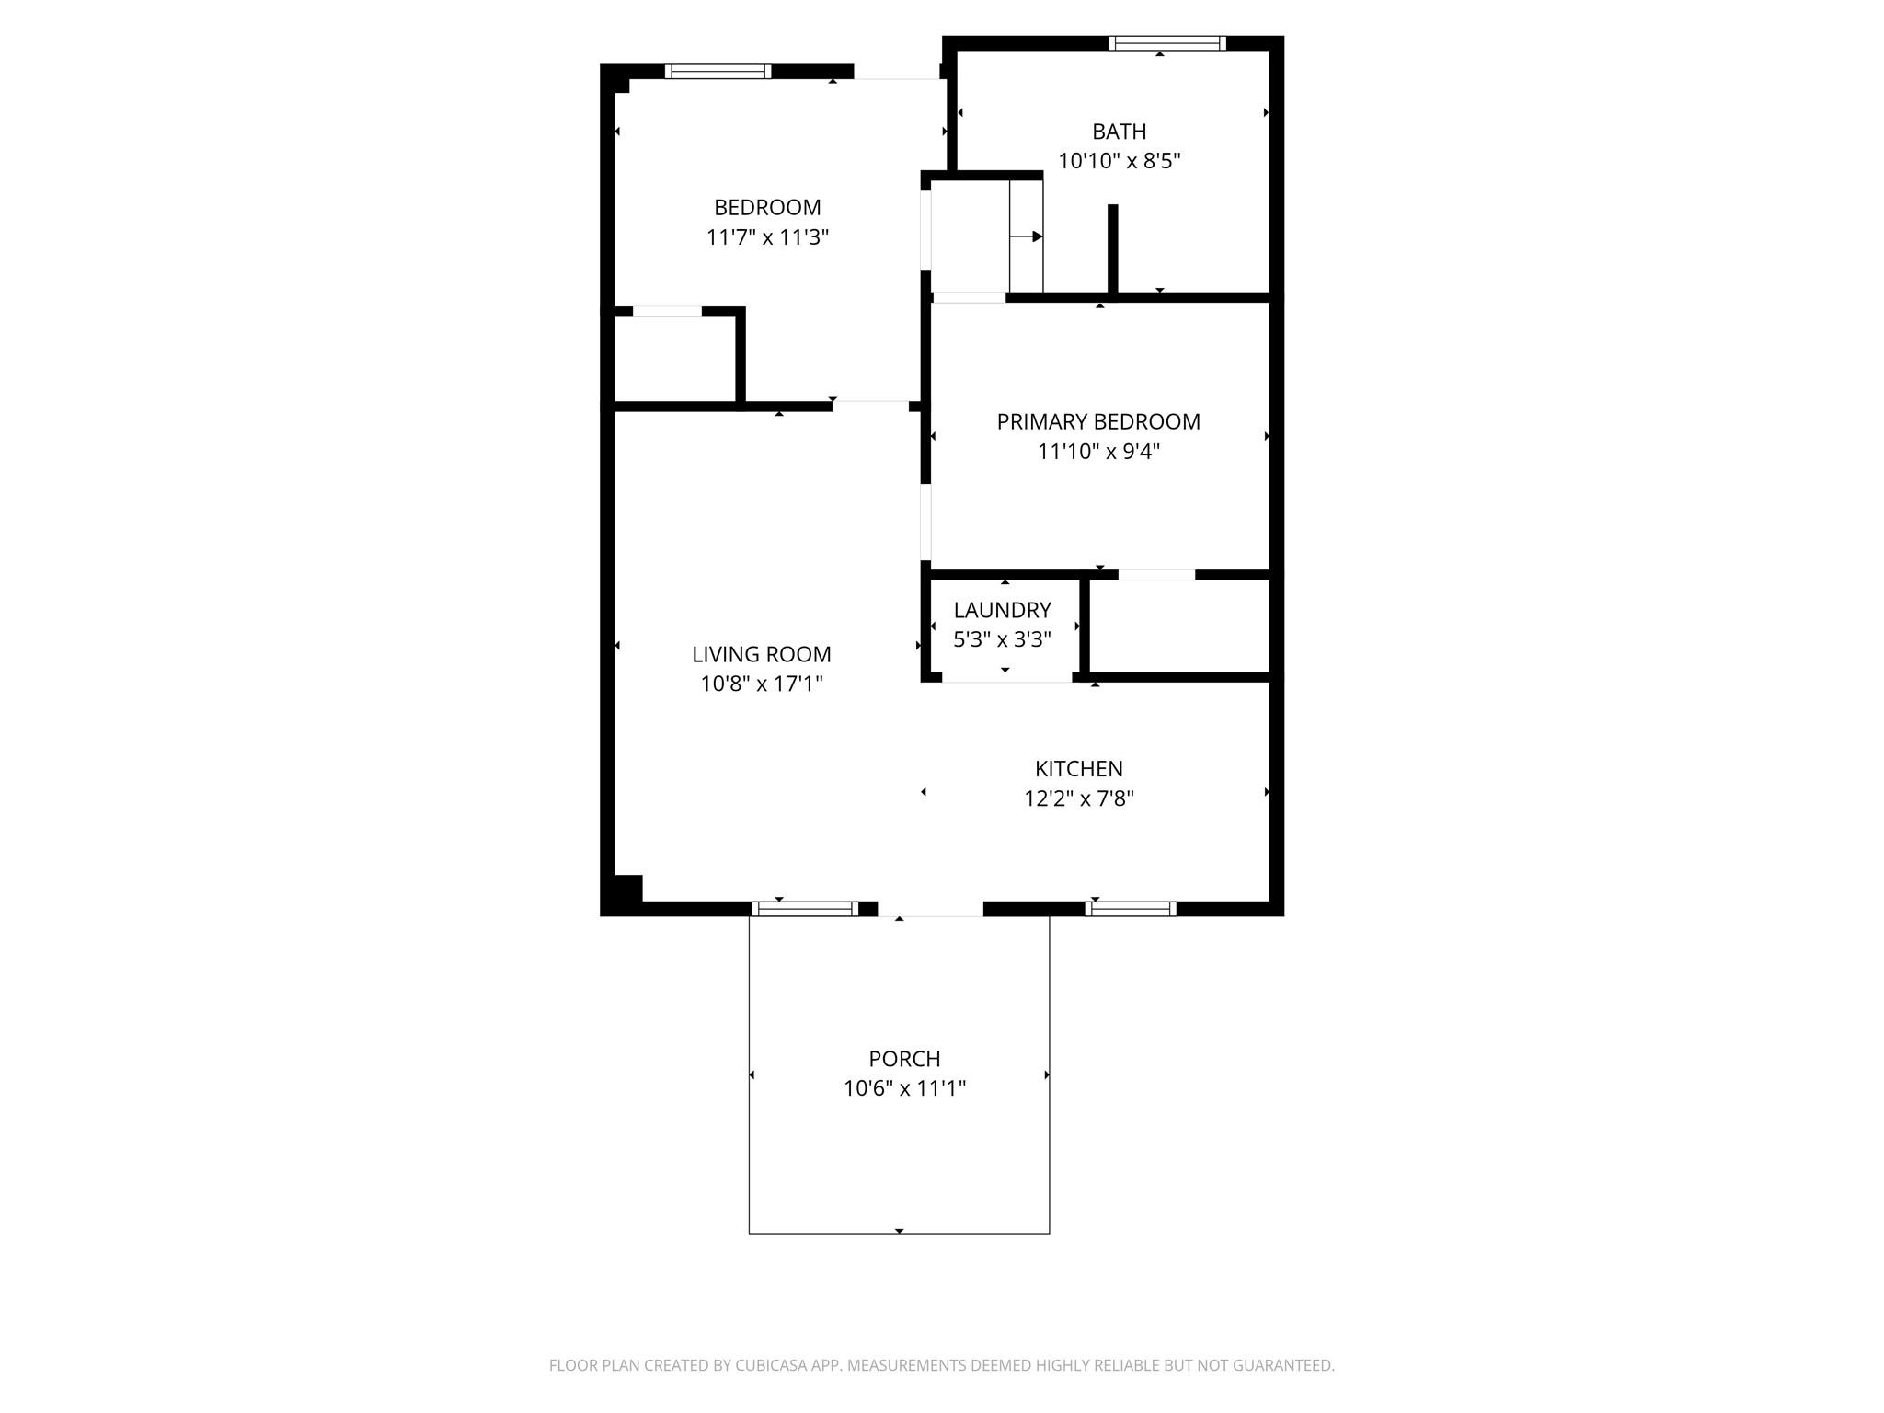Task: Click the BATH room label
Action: (x=1119, y=132)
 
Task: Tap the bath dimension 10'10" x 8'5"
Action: (x=1119, y=161)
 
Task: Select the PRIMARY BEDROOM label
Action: (x=1098, y=421)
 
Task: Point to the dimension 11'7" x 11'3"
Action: (x=767, y=237)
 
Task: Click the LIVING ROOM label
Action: (x=762, y=654)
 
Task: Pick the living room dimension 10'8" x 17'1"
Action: (x=762, y=684)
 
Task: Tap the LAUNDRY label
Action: (x=1002, y=610)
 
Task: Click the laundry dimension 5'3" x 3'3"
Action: (x=1002, y=639)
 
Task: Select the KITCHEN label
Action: (x=1078, y=768)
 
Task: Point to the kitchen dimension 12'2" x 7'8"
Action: (x=1078, y=798)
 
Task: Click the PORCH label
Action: (x=904, y=1059)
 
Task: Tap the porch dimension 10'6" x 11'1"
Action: (x=904, y=1088)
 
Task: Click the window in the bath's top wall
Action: (x=1166, y=42)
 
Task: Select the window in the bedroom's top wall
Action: (x=718, y=71)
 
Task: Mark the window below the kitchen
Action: (x=1131, y=909)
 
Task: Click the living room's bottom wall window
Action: (x=805, y=909)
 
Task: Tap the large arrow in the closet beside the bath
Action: (x=1026, y=236)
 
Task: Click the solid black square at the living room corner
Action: (x=627, y=889)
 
